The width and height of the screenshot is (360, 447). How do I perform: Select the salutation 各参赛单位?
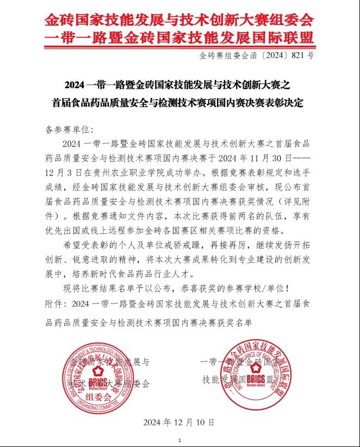pos(69,130)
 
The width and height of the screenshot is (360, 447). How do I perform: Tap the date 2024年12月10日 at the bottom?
pos(179,421)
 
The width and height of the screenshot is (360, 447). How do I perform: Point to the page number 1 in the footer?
pos(179,440)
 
